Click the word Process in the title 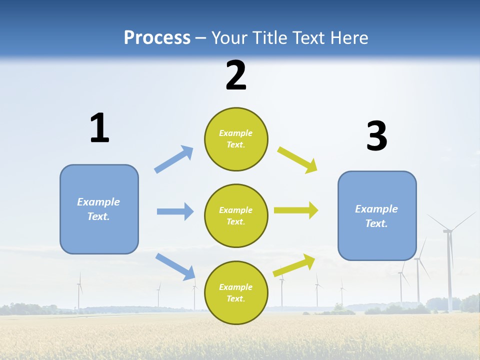click(x=157, y=38)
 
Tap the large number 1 click(x=99, y=128)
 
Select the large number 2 click(x=236, y=76)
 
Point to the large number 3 click(x=376, y=136)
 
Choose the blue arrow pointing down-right click(x=175, y=266)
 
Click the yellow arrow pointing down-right click(x=297, y=160)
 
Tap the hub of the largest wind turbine click(x=447, y=231)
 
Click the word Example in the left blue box click(x=98, y=202)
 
